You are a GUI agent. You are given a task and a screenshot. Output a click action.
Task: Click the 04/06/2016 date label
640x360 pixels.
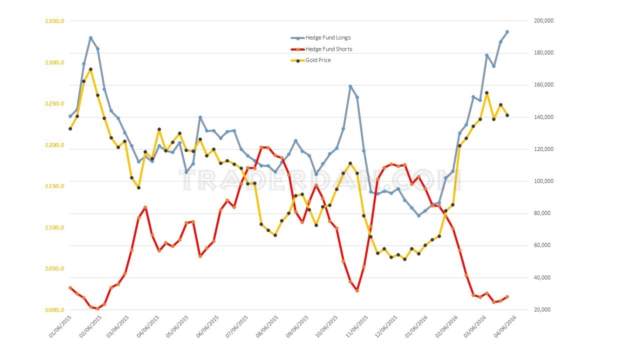pos(505,327)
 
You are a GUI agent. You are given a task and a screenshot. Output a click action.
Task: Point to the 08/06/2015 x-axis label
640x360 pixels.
pos(268,327)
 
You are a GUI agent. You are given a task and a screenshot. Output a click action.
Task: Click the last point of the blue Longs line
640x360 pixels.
pos(507,32)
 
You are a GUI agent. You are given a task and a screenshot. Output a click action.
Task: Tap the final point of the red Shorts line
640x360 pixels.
pos(507,297)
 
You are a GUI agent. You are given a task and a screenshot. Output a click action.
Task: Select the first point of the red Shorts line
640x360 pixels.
pos(70,288)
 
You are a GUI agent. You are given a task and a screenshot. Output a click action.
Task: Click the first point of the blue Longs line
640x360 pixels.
pos(70,116)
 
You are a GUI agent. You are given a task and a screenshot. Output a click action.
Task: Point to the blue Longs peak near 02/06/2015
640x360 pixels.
pos(90,38)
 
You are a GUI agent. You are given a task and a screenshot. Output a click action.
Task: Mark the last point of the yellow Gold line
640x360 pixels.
pos(507,115)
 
